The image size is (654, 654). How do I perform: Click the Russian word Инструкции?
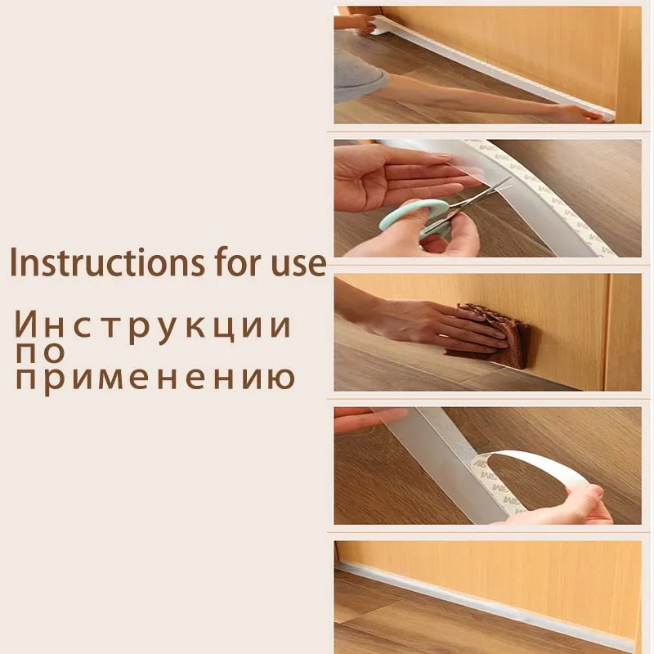click(153, 326)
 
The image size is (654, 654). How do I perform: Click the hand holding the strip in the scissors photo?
click(384, 176)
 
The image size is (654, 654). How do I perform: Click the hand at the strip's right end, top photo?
click(582, 114)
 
